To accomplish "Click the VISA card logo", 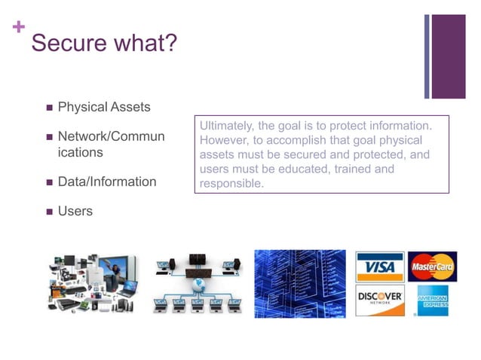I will [x=380, y=267].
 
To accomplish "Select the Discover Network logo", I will [x=380, y=300].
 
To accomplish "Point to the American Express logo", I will [x=433, y=300].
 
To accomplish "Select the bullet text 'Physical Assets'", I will [x=104, y=107].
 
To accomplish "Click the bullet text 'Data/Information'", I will [x=107, y=182].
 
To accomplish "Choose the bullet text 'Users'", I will [x=75, y=211].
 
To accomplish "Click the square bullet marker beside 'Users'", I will [x=49, y=212].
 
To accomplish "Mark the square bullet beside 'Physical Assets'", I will [x=49, y=108].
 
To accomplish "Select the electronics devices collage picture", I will [x=94, y=284].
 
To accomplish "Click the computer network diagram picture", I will [x=197, y=284].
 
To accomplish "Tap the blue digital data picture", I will [x=299, y=284].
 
